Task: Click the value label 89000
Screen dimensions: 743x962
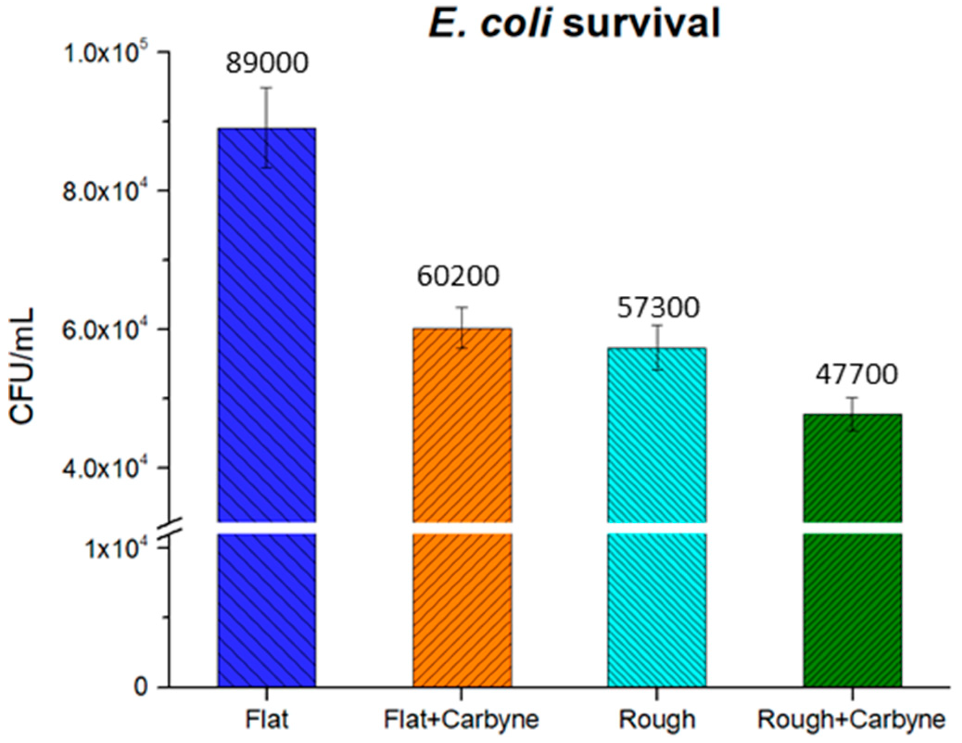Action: point(266,64)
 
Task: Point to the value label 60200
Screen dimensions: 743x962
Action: point(458,277)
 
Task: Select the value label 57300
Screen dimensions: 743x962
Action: point(658,308)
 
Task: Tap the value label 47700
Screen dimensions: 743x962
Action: point(856,375)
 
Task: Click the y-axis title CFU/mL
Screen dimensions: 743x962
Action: point(22,366)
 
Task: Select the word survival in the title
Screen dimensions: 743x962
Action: point(642,23)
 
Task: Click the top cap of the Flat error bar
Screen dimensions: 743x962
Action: point(266,88)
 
